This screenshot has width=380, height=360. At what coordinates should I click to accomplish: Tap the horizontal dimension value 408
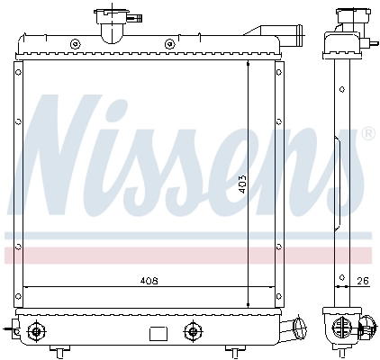pos(149,281)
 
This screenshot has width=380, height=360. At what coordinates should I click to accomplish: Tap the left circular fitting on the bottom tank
pos(35,330)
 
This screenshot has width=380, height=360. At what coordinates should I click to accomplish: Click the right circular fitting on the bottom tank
pos(191,330)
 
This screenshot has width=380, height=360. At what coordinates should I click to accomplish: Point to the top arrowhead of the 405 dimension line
pos(248,66)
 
